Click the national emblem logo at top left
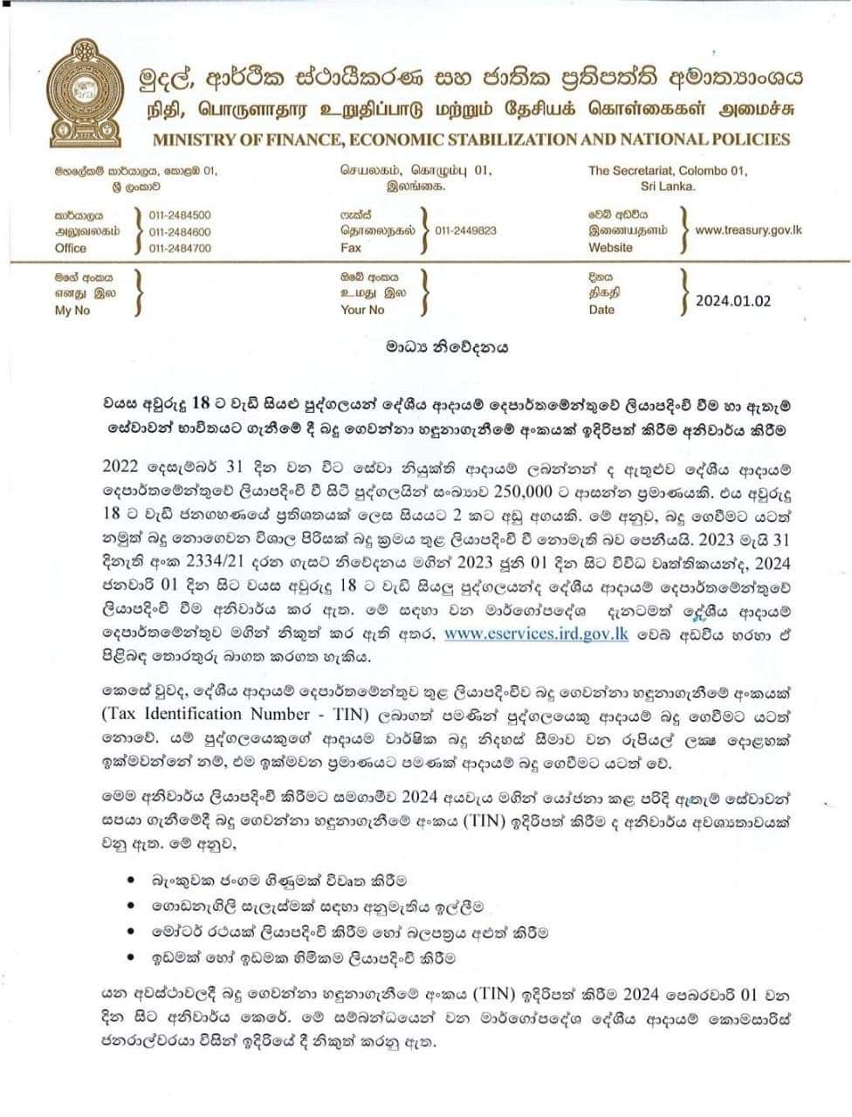tap(85, 93)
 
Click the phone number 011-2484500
tap(180, 215)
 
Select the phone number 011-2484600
tap(180, 232)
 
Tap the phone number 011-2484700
tap(180, 249)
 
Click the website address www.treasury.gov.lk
tap(748, 230)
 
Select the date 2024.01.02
tap(733, 301)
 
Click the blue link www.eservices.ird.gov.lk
tap(536, 634)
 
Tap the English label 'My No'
tap(72, 311)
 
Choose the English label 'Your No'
tap(362, 310)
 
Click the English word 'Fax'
tap(350, 248)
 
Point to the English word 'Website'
tap(611, 248)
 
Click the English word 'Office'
tap(71, 248)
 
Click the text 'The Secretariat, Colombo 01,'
tap(668, 171)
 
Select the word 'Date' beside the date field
tap(601, 310)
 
